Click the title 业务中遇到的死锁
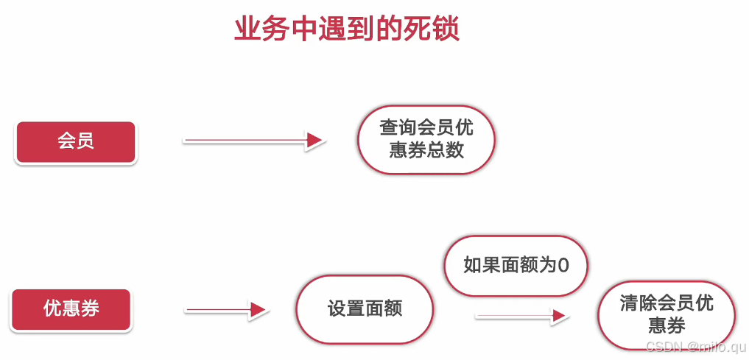click(x=346, y=29)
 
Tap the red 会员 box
click(x=76, y=141)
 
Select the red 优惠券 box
click(x=71, y=309)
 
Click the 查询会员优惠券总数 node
click(x=426, y=139)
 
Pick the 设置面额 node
click(x=365, y=309)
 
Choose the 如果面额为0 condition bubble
click(x=516, y=265)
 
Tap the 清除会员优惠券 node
click(x=667, y=314)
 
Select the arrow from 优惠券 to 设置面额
click(x=224, y=310)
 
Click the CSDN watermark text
click(x=695, y=346)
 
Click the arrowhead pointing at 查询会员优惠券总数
click(x=314, y=140)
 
